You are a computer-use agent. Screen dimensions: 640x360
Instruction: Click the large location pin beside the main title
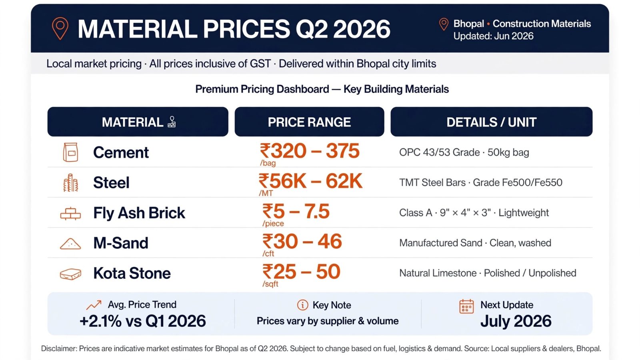[60, 28]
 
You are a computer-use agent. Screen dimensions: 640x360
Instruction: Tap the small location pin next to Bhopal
[444, 24]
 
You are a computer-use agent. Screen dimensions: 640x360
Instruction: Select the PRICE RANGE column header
[309, 122]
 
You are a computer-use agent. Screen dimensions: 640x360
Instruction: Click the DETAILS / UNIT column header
[492, 122]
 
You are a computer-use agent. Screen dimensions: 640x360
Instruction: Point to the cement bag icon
[70, 152]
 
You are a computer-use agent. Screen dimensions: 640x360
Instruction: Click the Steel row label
[111, 182]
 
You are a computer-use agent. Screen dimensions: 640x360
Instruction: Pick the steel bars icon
[70, 182]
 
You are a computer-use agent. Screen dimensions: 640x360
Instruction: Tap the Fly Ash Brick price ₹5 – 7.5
[296, 212]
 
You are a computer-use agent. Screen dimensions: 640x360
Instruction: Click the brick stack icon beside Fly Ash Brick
[70, 214]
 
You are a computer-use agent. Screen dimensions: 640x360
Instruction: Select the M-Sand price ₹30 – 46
[302, 242]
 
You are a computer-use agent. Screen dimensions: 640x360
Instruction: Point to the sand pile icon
[70, 244]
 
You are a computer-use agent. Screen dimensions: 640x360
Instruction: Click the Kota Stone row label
[132, 273]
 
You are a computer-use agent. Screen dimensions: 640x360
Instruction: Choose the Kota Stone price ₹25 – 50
[302, 272]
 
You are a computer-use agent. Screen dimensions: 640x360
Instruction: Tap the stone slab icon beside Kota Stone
[70, 274]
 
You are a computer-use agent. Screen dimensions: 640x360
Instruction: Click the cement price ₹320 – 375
[310, 150]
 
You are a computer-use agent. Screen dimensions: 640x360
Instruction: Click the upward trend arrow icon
[94, 305]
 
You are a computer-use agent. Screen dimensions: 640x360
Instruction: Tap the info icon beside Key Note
[302, 305]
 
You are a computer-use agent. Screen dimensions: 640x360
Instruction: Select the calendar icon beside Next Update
[466, 306]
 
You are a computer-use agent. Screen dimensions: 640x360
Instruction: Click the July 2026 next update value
[516, 321]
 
